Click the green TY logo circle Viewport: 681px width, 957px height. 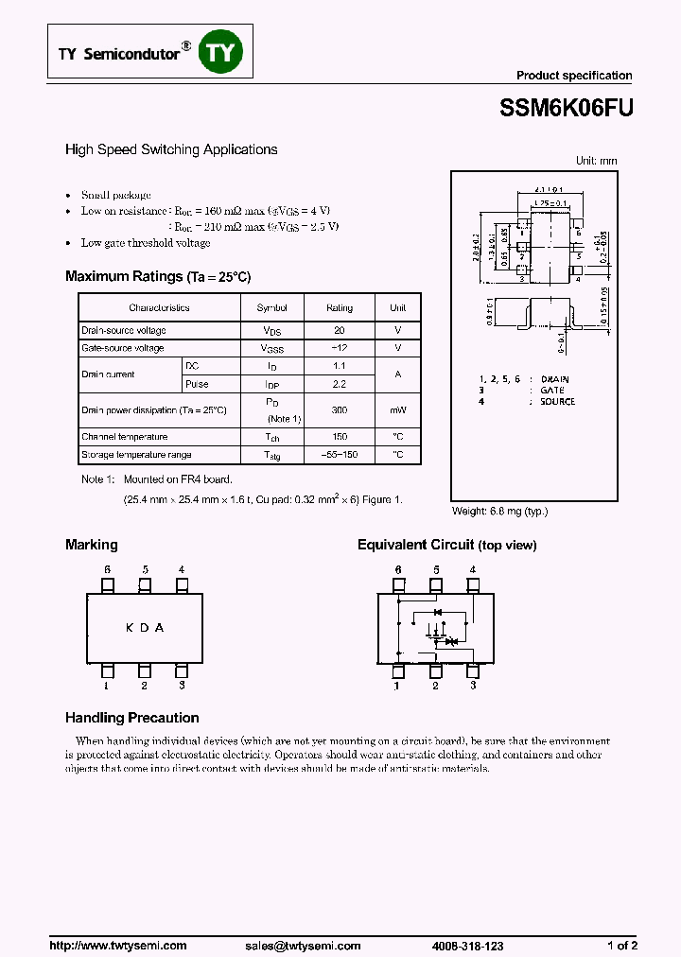[x=220, y=53]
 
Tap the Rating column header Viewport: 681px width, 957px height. [x=340, y=308]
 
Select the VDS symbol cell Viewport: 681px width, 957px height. [x=272, y=331]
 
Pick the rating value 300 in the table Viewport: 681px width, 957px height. [x=340, y=410]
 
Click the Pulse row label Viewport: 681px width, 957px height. [x=197, y=385]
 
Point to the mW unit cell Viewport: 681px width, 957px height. [x=397, y=410]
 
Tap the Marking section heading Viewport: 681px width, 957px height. [x=92, y=545]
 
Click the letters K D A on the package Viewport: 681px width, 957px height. [x=145, y=628]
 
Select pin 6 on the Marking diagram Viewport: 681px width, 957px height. [x=108, y=584]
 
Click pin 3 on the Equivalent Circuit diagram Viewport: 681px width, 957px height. [x=472, y=672]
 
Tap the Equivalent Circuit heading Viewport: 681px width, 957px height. [x=446, y=545]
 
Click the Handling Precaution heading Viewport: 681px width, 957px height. [x=131, y=718]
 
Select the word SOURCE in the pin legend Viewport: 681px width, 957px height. [x=557, y=402]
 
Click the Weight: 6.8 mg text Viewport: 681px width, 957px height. [x=499, y=511]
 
